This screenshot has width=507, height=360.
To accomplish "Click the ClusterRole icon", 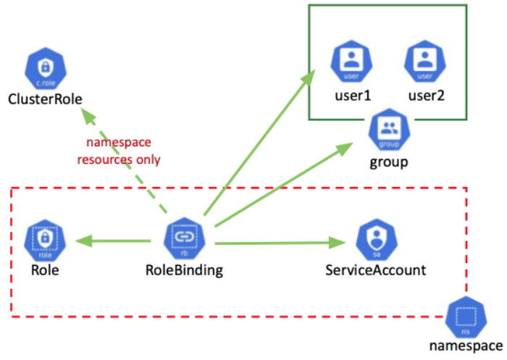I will pos(44,69).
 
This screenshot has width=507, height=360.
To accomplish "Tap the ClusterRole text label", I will pos(45,99).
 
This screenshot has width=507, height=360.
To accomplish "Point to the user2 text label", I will pos(425,94).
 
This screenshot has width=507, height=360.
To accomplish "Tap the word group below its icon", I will pos(389,161).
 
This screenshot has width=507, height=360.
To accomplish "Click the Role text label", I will pos(44,270).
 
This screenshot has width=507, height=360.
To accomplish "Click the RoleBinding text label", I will pos(185,270).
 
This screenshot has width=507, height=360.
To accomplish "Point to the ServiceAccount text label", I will pos(375,270).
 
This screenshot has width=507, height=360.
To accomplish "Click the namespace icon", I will pos(464,316).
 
